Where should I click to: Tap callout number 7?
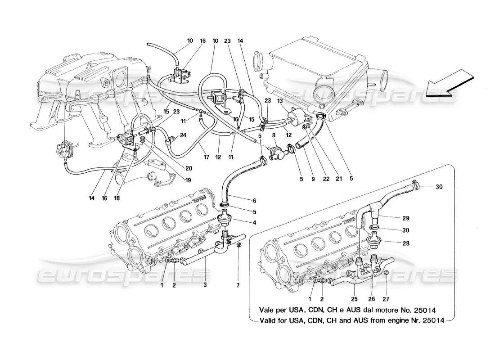click(x=238, y=285)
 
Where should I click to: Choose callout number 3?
click(x=206, y=285)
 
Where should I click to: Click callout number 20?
click(x=189, y=169)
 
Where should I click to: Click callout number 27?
click(x=386, y=298)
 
